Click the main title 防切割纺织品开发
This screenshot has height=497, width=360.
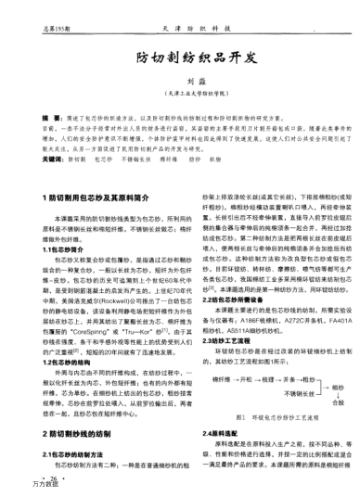coord(181,57)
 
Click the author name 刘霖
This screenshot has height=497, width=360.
coord(181,81)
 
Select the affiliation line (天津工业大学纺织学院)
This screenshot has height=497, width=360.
coord(181,94)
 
